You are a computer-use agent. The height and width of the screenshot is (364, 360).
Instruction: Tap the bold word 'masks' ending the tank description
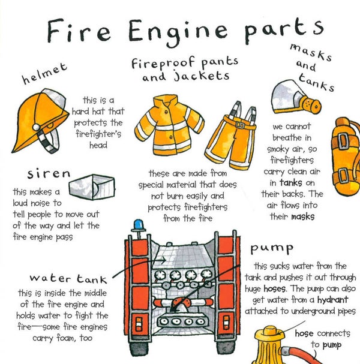point(302,215)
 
